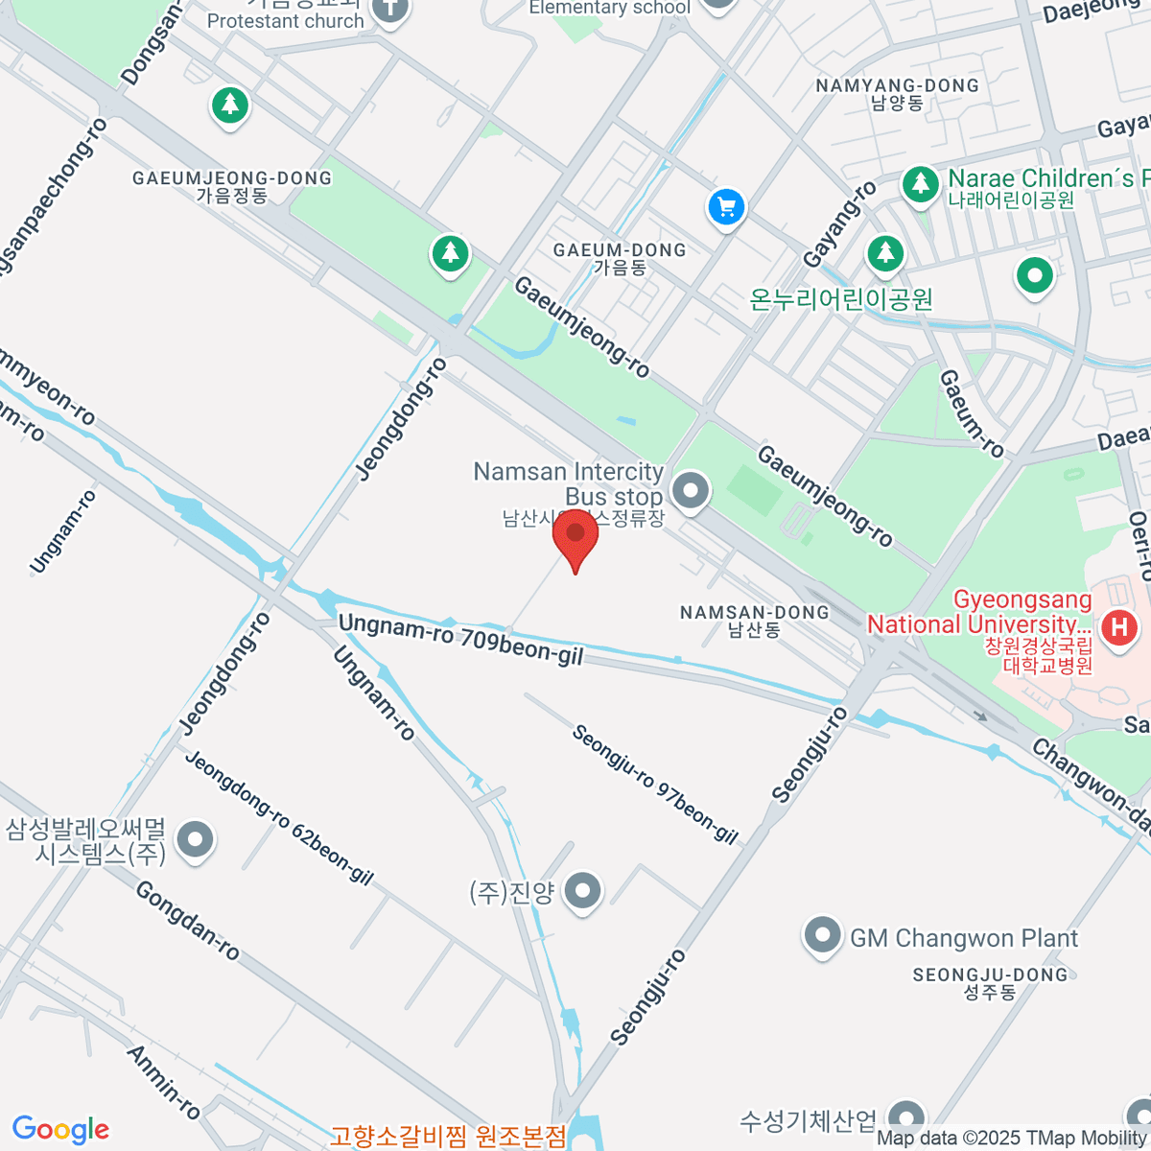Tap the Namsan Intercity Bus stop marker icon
tap(690, 491)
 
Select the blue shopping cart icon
tap(726, 206)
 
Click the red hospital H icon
tap(1118, 627)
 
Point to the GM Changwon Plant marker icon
tap(822, 937)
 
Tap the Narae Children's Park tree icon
tap(920, 182)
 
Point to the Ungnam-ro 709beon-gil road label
tap(460, 639)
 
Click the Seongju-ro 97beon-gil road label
tap(655, 785)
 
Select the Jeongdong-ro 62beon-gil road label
tap(278, 817)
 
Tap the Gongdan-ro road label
tap(187, 920)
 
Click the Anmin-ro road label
tap(164, 1082)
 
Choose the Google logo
tap(60, 1130)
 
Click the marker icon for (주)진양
tap(582, 892)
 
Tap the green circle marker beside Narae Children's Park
tap(1034, 276)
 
